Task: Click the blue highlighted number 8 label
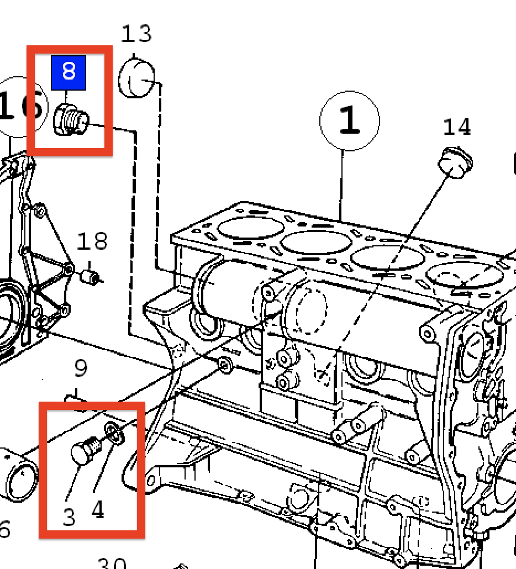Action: pos(68,72)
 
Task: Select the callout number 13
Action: pos(136,34)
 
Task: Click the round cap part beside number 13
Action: pos(136,80)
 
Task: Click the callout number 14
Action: pos(457,127)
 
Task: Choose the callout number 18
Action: pos(92,241)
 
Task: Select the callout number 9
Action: pos(81,368)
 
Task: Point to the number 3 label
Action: pos(69,517)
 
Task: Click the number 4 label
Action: pos(97,510)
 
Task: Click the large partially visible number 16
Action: pos(19,106)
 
